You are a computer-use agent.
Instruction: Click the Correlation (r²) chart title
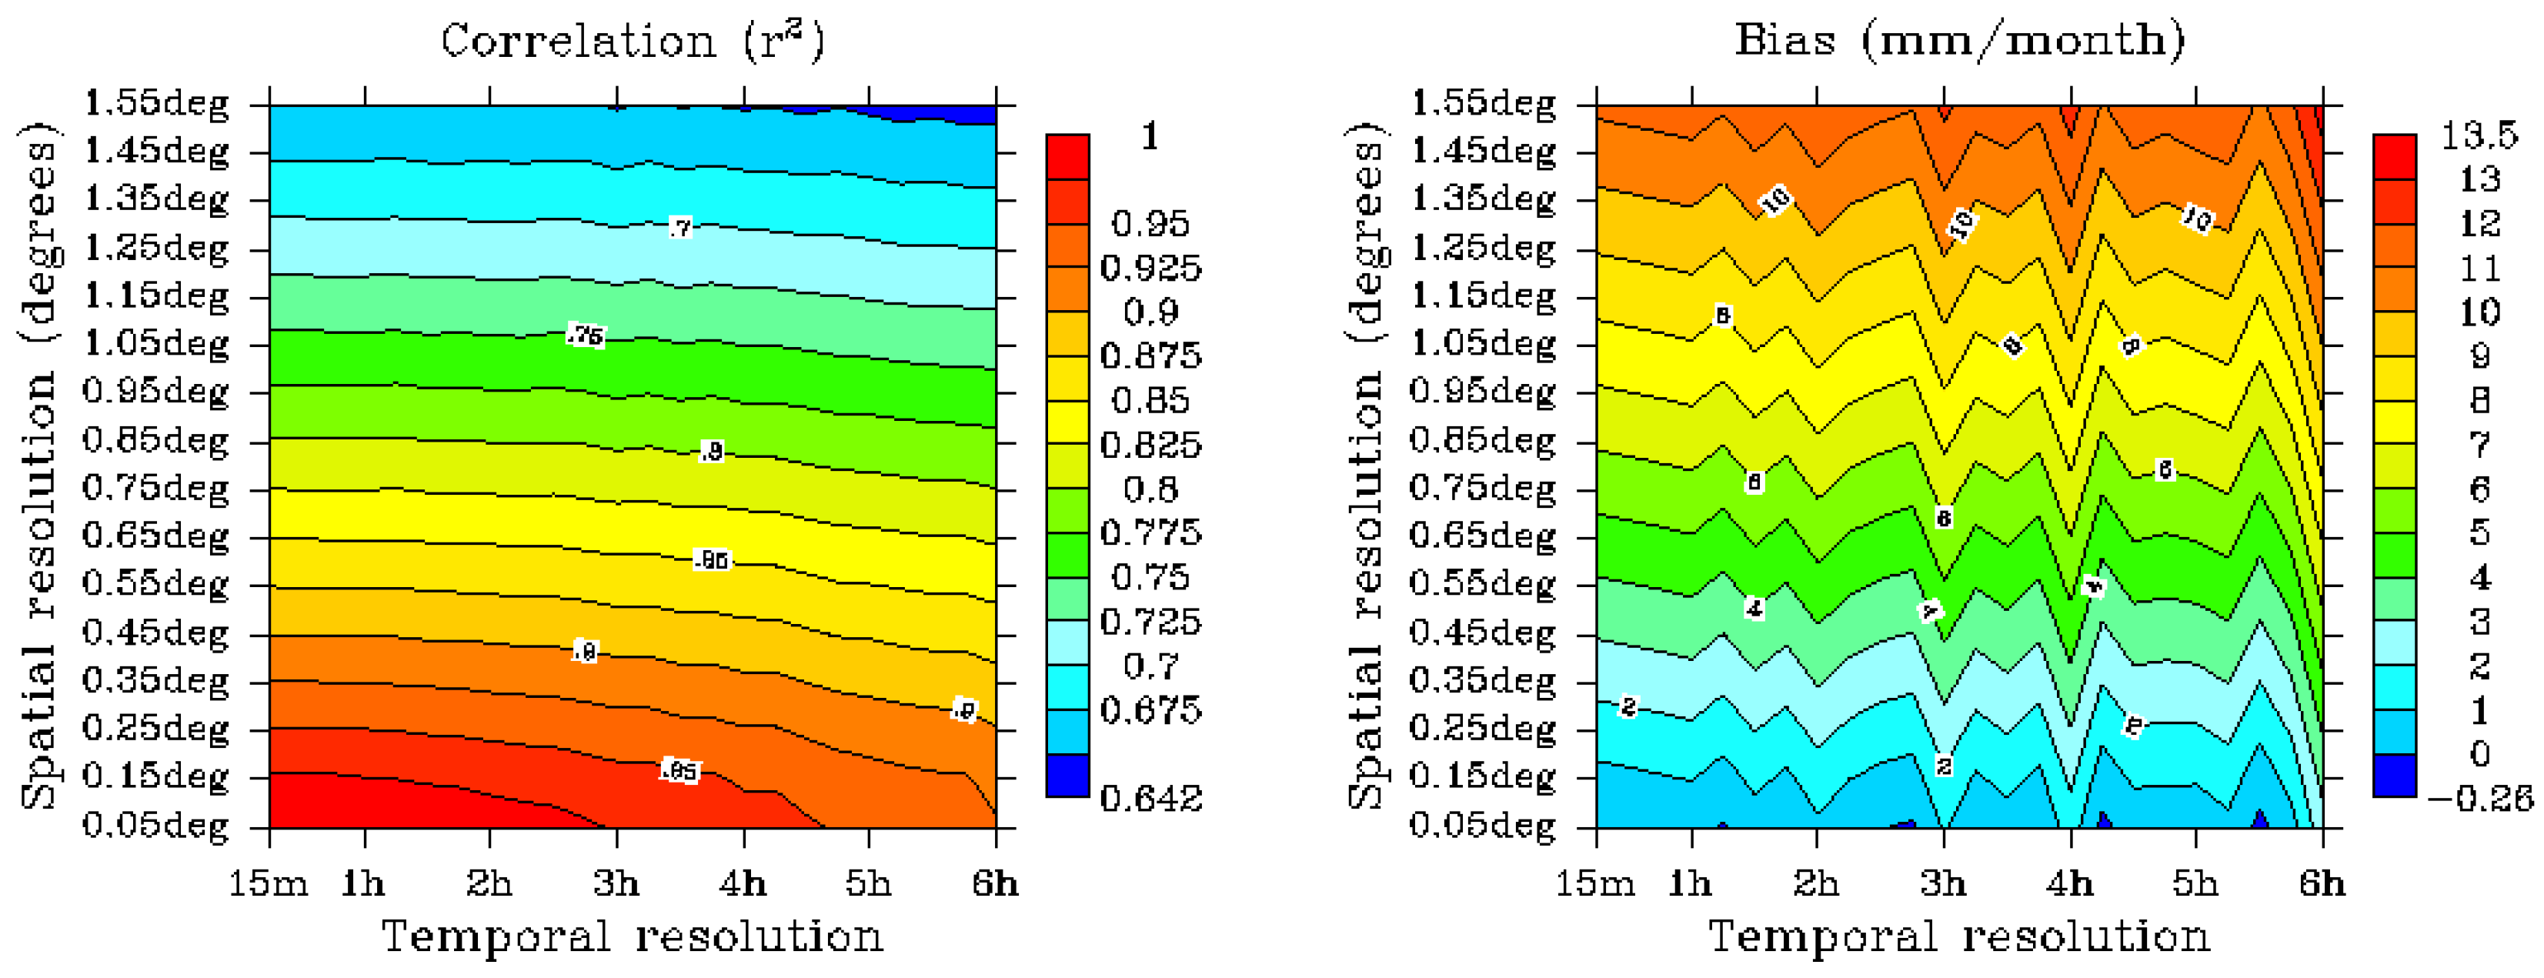(x=632, y=42)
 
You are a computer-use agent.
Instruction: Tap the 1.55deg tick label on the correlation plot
(x=156, y=103)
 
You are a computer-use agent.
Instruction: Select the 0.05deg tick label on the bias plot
(x=1481, y=825)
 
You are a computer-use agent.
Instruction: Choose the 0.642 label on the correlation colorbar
(x=1150, y=798)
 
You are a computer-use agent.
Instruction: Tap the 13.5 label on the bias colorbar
(x=2479, y=135)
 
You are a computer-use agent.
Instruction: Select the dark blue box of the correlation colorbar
(x=1067, y=776)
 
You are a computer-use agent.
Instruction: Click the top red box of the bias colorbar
(x=2394, y=156)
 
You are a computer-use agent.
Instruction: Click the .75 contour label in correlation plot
(x=586, y=336)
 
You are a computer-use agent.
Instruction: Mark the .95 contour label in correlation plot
(x=679, y=770)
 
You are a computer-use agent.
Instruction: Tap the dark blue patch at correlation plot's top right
(x=948, y=112)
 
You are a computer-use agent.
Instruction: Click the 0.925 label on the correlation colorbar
(x=1150, y=269)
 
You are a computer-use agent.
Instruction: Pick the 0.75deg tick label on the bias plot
(x=1481, y=488)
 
